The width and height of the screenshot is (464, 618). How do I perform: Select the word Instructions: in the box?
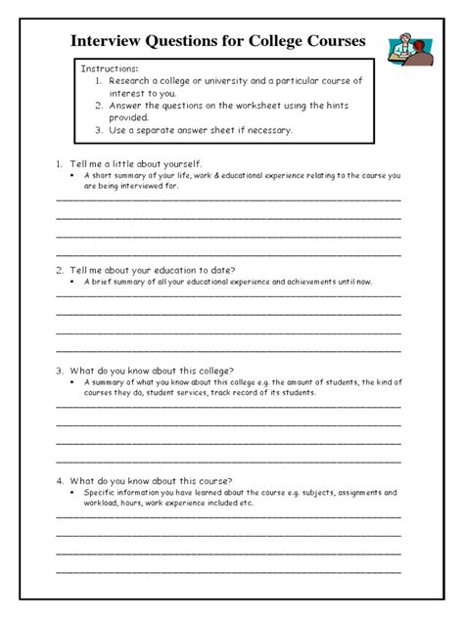109,70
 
